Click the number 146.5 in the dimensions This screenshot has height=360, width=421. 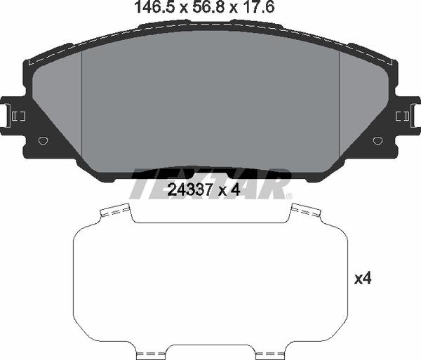click(150, 8)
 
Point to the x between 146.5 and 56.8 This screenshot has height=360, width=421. click(180, 9)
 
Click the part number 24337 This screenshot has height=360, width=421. click(187, 189)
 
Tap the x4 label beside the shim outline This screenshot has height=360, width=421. click(362, 279)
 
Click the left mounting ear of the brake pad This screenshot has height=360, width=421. click(14, 114)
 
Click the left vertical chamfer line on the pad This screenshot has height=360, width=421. click(83, 105)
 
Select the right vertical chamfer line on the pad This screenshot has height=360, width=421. click(340, 105)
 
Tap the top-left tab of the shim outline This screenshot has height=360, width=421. click(116, 210)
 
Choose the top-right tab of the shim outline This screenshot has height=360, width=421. click(305, 210)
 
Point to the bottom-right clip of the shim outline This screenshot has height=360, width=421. click(270, 352)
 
